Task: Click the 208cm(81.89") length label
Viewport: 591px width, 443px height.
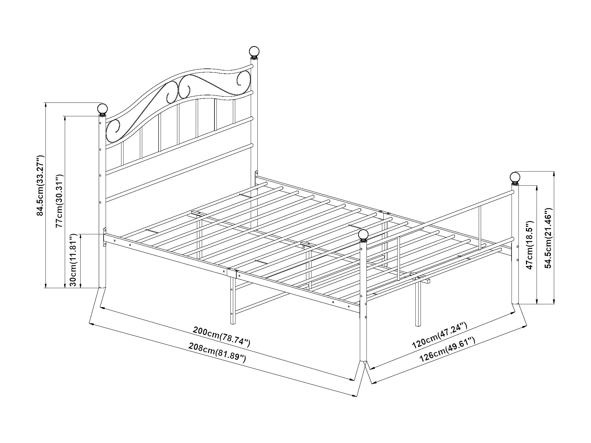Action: click(x=217, y=352)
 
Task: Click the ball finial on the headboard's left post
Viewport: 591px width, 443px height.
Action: click(x=102, y=109)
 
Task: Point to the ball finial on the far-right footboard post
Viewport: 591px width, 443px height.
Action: click(x=515, y=177)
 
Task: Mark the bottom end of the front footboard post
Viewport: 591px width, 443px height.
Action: click(x=363, y=360)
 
